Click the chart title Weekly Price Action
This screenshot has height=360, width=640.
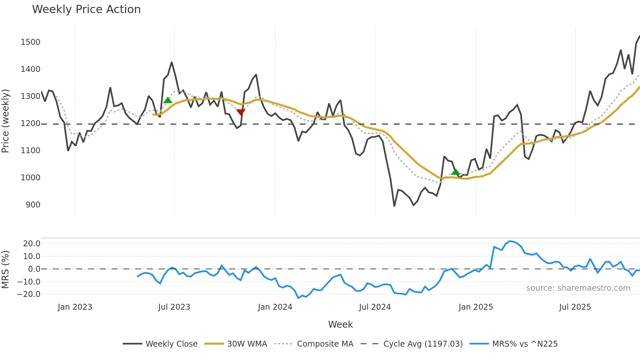(x=86, y=9)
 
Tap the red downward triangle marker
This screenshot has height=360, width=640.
(x=241, y=112)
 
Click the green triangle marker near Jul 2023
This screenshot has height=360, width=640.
(x=168, y=100)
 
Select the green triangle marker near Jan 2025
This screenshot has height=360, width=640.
(x=456, y=172)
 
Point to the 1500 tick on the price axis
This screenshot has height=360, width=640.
(x=30, y=42)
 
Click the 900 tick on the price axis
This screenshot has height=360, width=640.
(x=33, y=205)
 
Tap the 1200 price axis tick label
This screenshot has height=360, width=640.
(x=30, y=123)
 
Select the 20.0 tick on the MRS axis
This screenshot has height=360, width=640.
(x=32, y=244)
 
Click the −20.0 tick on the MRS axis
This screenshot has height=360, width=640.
(x=29, y=294)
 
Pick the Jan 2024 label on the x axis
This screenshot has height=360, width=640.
(x=275, y=307)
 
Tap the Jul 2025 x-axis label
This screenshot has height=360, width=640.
(x=575, y=307)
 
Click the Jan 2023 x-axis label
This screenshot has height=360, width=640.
(x=75, y=307)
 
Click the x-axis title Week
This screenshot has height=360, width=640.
(x=340, y=324)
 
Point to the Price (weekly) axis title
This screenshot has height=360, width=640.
(x=6, y=121)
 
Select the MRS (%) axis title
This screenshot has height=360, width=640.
(x=6, y=270)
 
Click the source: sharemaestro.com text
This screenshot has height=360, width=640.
(x=578, y=288)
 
